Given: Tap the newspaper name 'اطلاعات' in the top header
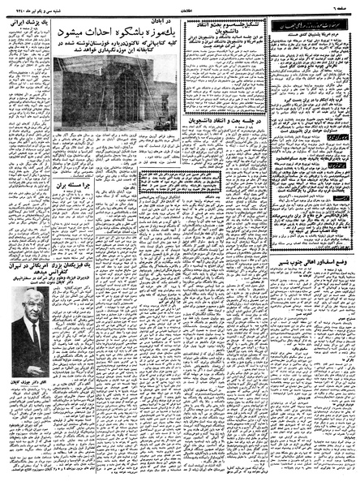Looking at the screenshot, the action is click(x=180, y=6).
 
